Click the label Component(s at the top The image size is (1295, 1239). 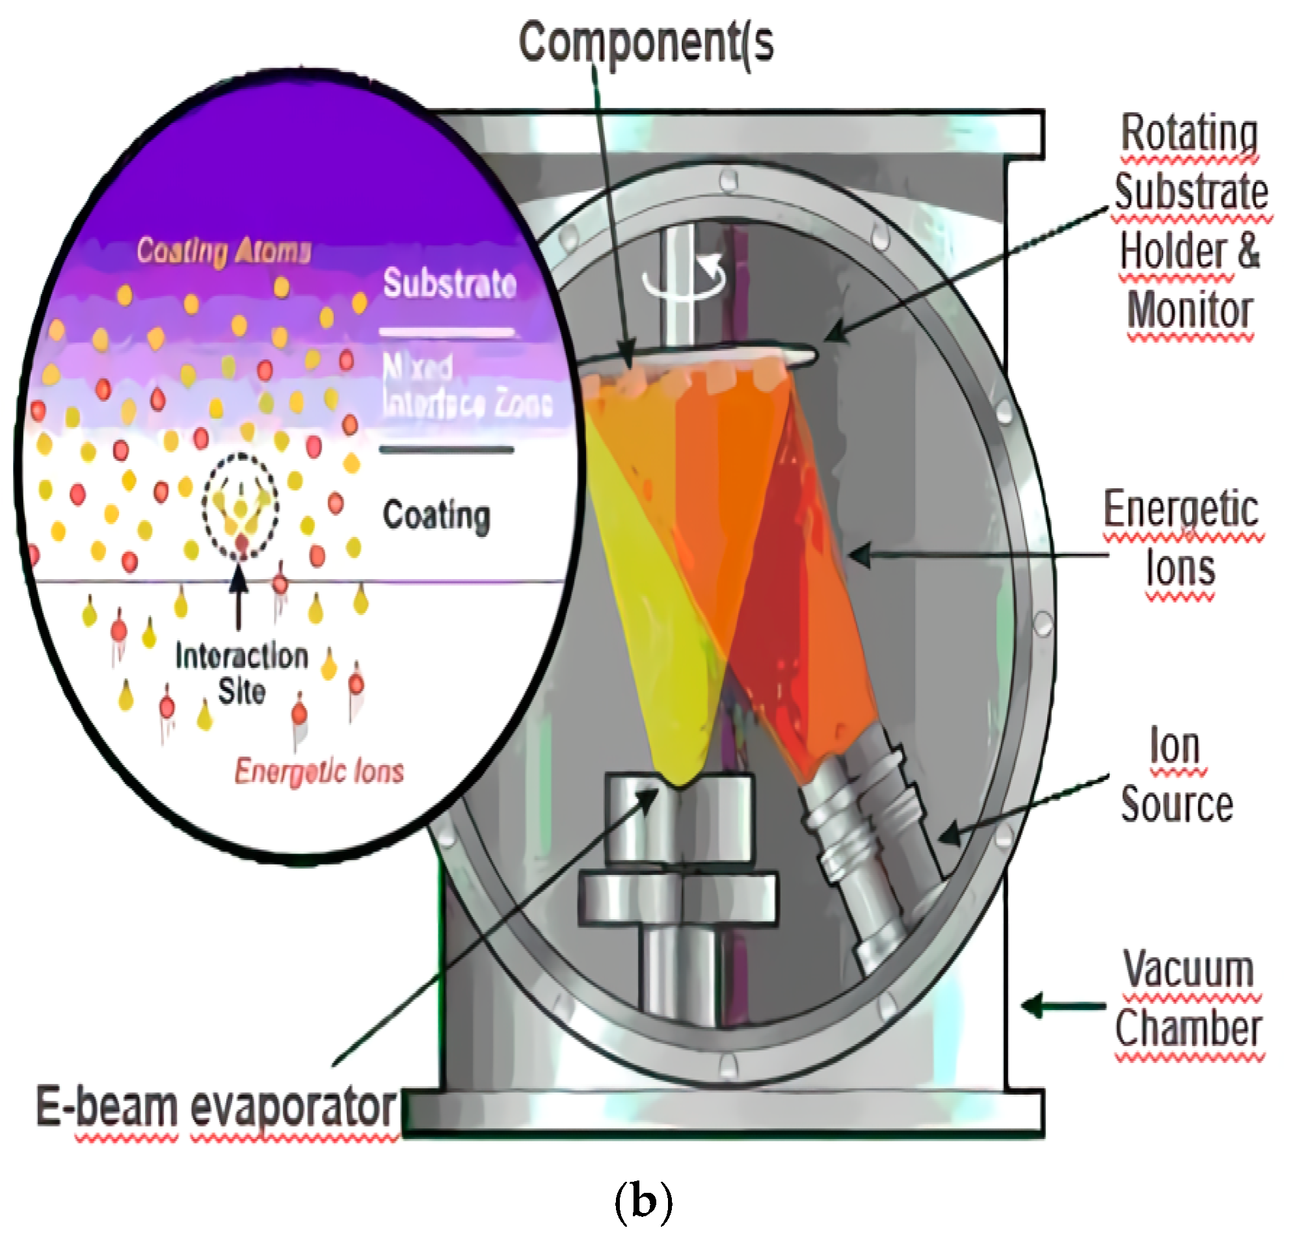tap(646, 42)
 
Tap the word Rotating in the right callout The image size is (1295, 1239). tap(1189, 133)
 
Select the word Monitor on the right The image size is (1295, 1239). tap(1189, 311)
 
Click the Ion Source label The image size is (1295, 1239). tap(1177, 776)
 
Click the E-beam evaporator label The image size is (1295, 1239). tap(216, 1108)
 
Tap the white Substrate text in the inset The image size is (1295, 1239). tap(450, 284)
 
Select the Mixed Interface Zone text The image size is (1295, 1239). tap(466, 385)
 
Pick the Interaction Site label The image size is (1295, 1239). tap(242, 673)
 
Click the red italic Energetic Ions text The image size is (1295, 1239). tap(319, 771)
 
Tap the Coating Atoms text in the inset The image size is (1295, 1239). tap(223, 251)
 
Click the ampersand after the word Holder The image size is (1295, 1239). tap(1248, 251)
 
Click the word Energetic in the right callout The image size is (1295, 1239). tap(1181, 509)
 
